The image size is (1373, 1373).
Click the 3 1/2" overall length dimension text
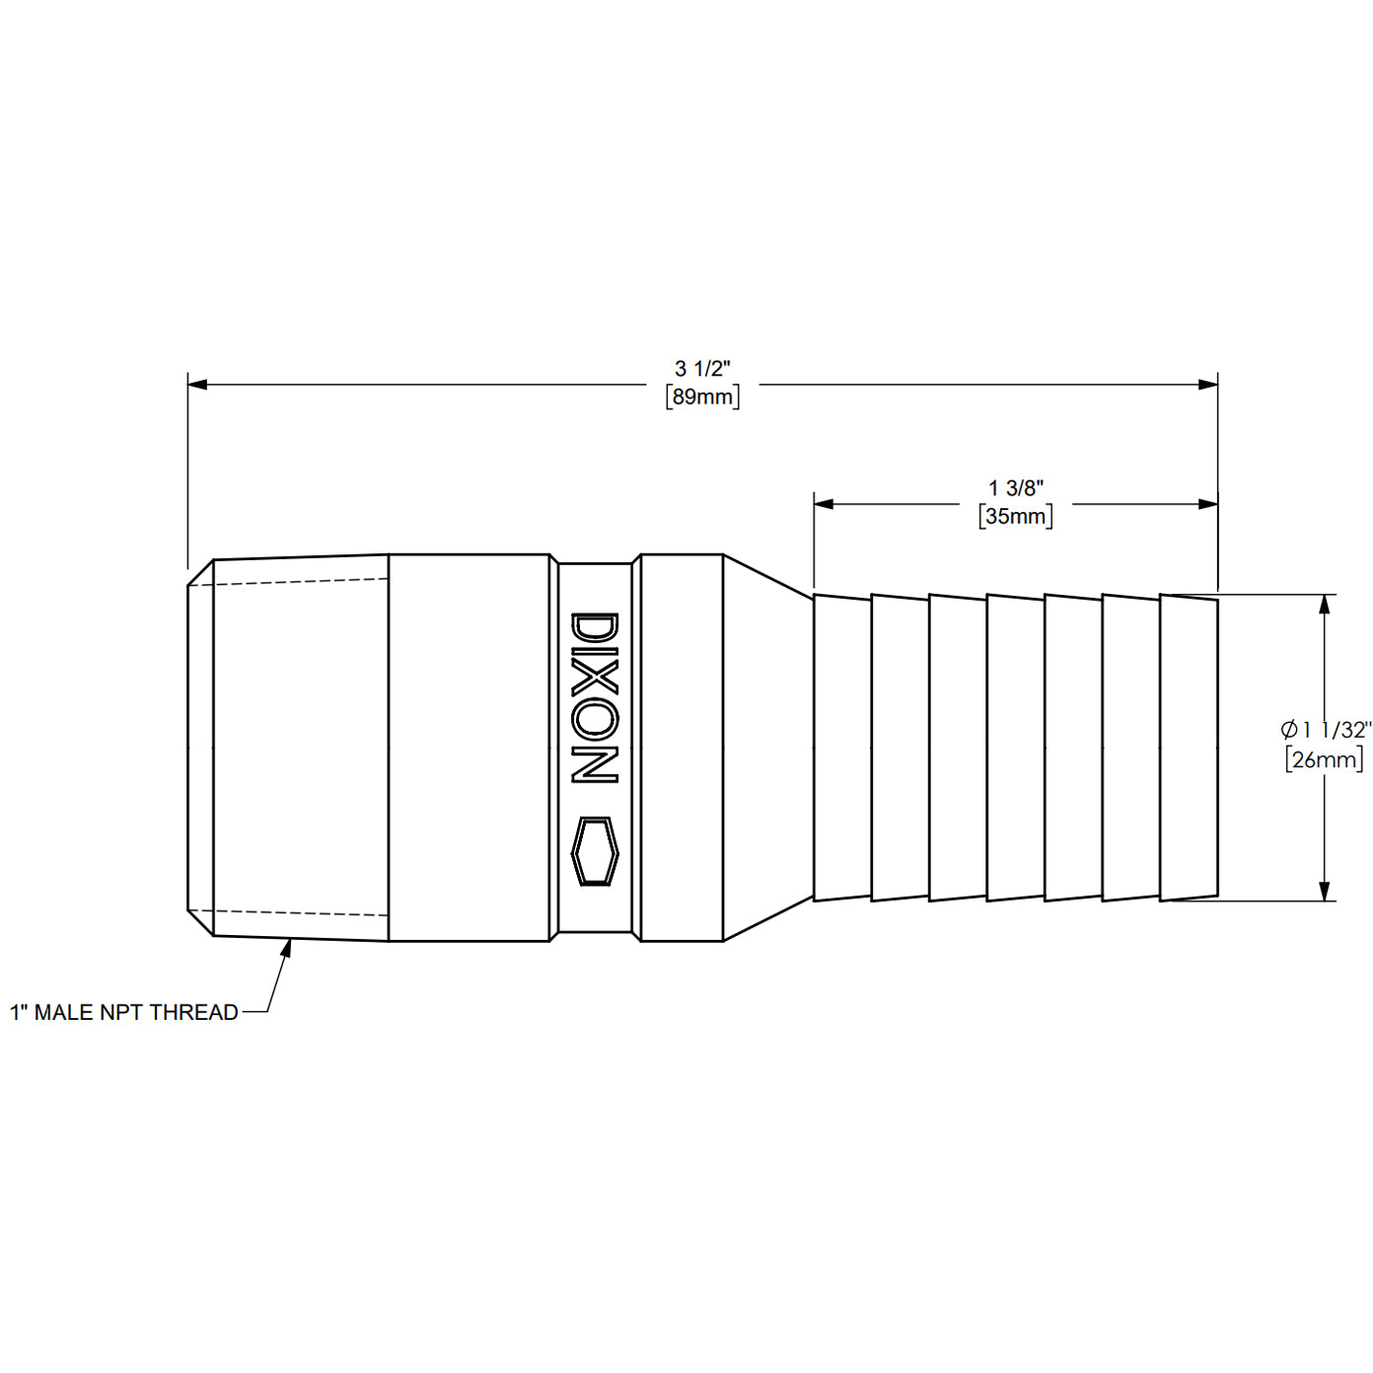point(702,369)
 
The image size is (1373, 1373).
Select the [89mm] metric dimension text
point(702,397)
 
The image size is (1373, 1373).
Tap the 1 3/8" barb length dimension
point(1016,488)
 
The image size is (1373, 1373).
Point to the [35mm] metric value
point(1016,516)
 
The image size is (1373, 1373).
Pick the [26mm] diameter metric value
point(1325,759)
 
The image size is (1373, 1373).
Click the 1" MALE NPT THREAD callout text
point(124,1013)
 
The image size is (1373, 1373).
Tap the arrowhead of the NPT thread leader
point(288,946)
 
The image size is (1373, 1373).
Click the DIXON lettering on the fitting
point(595,698)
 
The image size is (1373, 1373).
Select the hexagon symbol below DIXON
point(595,850)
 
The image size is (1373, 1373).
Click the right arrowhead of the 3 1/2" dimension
point(1208,384)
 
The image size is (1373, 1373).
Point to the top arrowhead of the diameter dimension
point(1325,605)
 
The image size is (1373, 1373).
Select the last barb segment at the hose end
point(1189,748)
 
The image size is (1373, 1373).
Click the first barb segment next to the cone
point(842,748)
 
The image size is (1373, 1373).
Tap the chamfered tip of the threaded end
point(200,748)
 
